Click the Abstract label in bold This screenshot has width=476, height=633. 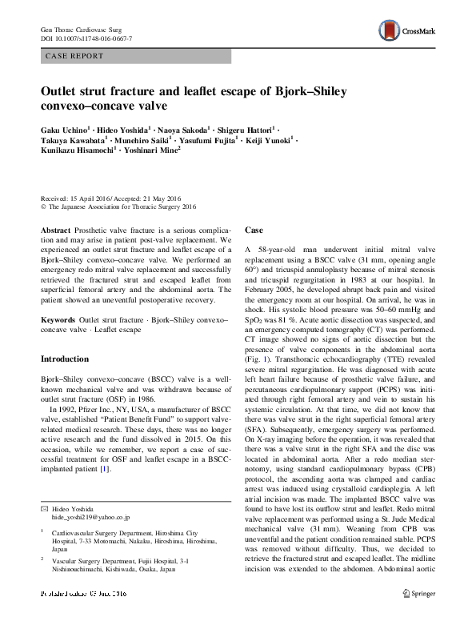tap(55, 229)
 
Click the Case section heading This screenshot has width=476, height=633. tap(254, 230)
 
